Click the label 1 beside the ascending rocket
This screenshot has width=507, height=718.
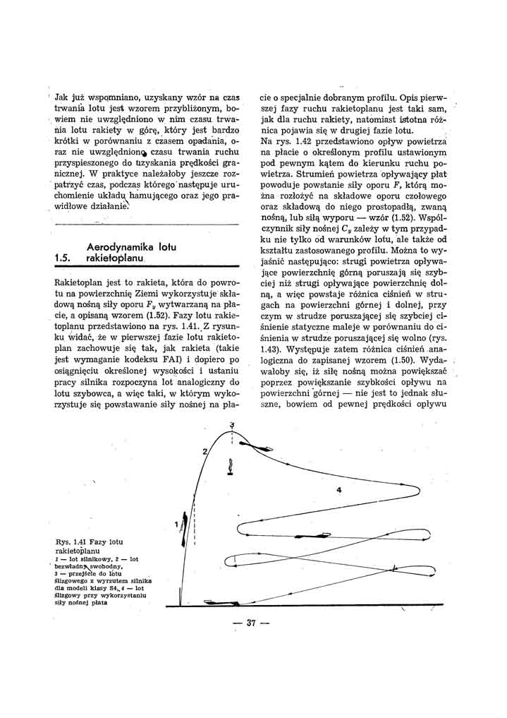(x=176, y=523)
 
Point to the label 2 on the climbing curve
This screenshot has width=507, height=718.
(x=204, y=451)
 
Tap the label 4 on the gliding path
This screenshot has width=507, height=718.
(x=338, y=490)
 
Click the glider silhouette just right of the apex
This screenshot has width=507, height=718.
(x=252, y=446)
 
